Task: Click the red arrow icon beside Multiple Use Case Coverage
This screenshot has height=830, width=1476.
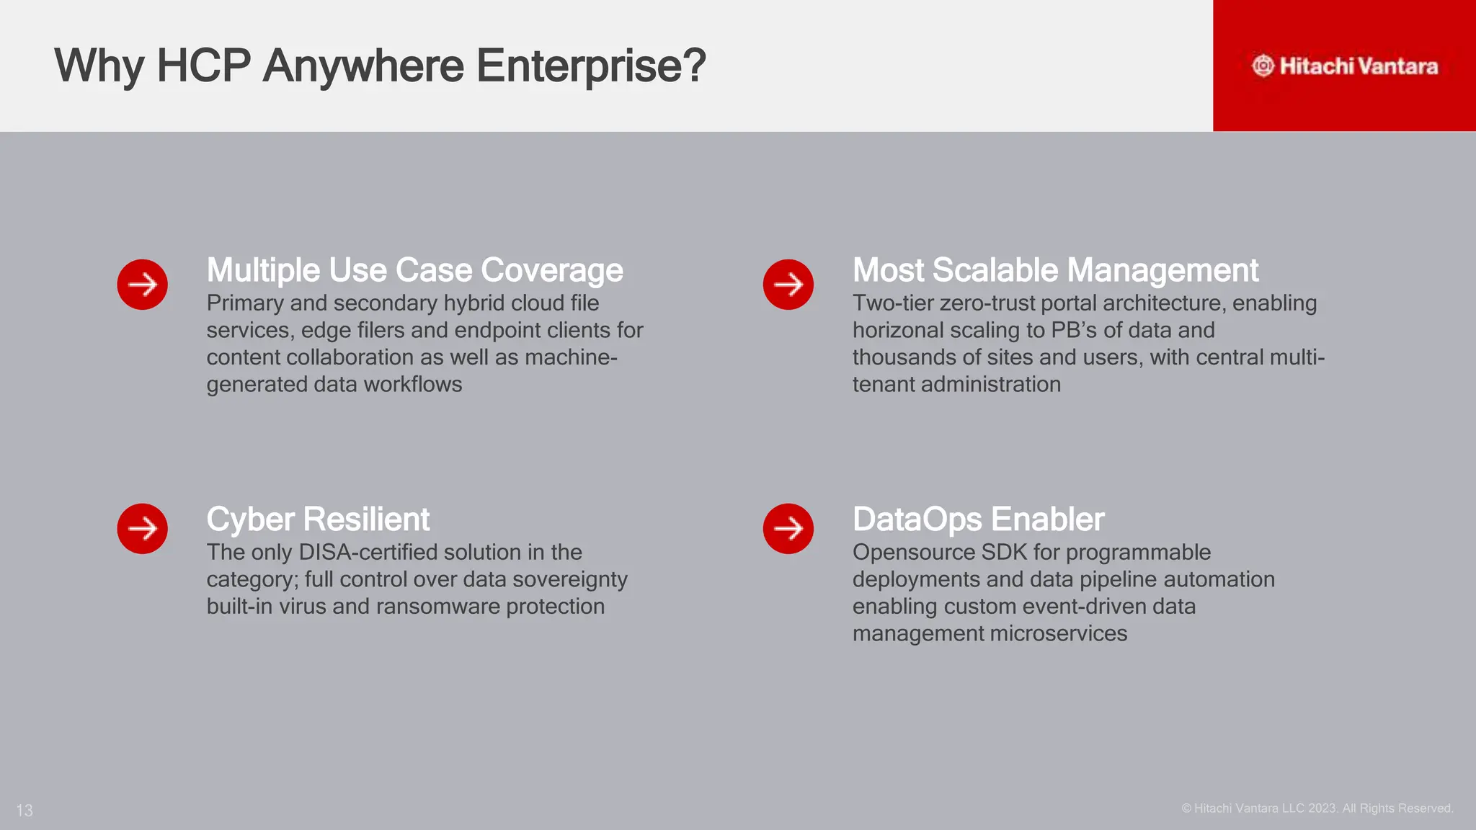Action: [x=143, y=285]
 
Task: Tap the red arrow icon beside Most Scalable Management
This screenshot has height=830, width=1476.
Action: [x=788, y=285]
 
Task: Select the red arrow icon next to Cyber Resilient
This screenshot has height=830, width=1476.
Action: [x=143, y=529]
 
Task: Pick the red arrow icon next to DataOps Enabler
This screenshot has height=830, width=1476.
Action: [x=788, y=529]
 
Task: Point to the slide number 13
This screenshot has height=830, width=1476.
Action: [x=25, y=811]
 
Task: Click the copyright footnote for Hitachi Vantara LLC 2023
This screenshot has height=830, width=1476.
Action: [x=1317, y=808]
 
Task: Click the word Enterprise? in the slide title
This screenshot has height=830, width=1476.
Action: [x=591, y=66]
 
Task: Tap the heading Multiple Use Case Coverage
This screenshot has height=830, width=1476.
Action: [x=414, y=270]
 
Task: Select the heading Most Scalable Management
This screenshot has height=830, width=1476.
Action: [x=1055, y=270]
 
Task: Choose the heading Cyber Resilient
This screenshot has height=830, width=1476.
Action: [x=318, y=519]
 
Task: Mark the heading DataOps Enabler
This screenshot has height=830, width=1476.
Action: [x=978, y=519]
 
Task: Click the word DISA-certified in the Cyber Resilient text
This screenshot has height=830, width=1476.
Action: [x=368, y=553]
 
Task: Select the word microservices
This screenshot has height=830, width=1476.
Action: [x=1058, y=634]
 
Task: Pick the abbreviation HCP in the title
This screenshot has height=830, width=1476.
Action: [x=204, y=66]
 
